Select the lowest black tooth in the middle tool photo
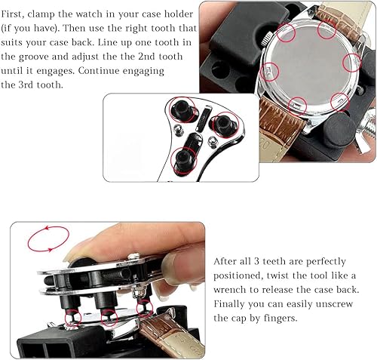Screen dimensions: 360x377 tap(182, 158)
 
